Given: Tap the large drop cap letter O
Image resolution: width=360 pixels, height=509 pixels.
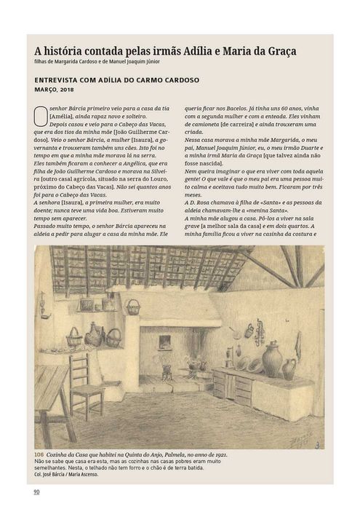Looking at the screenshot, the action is click(40, 116).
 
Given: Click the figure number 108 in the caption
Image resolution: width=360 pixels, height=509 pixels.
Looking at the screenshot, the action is click(40, 454).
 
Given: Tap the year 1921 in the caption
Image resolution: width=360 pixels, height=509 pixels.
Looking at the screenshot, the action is click(217, 454).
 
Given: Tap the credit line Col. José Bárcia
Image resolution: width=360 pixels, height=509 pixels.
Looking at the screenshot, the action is click(51, 473).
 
